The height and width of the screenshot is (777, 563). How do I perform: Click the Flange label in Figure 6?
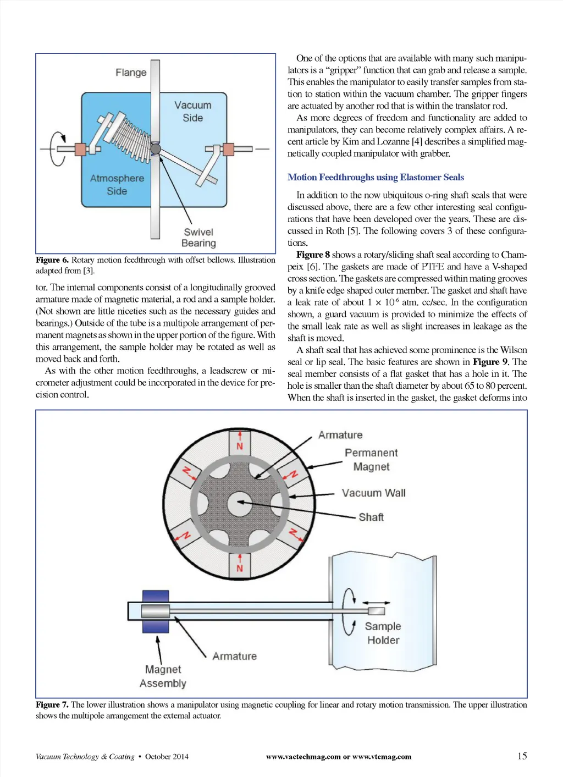tap(131, 73)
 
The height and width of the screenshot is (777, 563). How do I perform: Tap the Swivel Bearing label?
tap(198, 238)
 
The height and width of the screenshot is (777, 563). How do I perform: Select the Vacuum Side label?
tap(192, 111)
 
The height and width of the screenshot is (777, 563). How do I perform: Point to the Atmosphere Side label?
tap(117, 185)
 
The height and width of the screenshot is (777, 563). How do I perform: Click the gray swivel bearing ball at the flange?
tap(156, 148)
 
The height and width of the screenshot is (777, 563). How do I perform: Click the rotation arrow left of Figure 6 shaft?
tap(57, 148)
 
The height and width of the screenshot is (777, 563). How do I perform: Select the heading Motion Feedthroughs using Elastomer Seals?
tap(376, 177)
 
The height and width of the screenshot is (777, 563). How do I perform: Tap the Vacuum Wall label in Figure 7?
tap(373, 493)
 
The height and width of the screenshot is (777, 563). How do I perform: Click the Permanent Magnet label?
tap(371, 460)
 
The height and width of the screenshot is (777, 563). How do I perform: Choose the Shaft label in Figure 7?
tap(371, 517)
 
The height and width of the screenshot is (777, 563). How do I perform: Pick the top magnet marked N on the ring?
tap(240, 443)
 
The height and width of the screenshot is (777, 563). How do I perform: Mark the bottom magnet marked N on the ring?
tap(240, 565)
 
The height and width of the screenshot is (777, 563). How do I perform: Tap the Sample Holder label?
tap(383, 633)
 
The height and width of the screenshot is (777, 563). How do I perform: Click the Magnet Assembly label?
tap(163, 676)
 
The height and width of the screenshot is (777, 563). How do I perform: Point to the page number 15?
tap(522, 756)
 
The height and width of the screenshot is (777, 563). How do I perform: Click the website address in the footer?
tap(339, 757)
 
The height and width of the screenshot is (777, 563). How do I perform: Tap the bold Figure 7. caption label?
tap(52, 705)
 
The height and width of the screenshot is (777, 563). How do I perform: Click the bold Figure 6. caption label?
tap(52, 260)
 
